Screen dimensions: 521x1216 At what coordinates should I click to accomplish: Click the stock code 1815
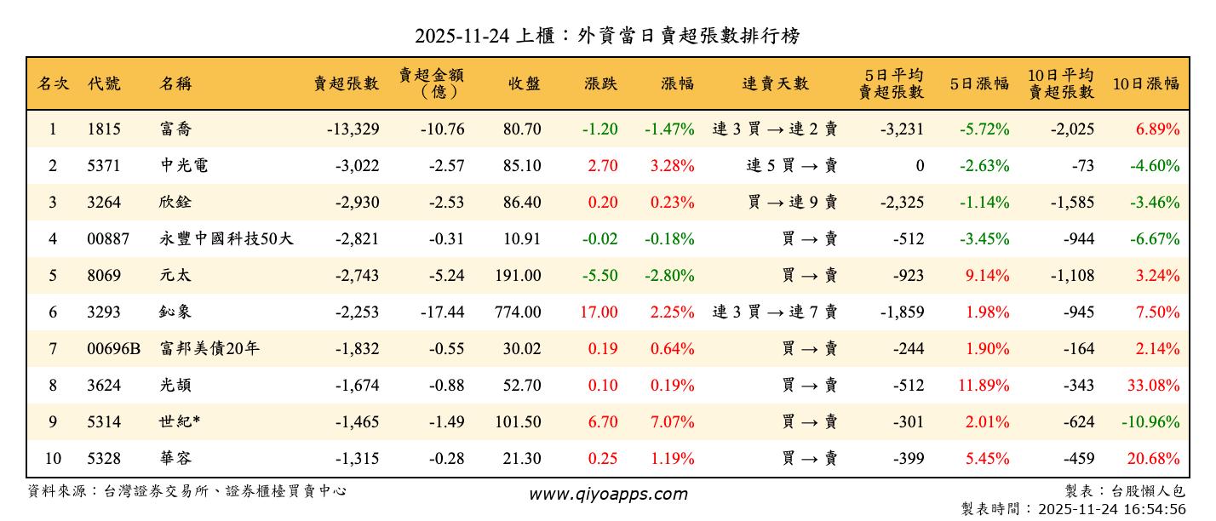104,129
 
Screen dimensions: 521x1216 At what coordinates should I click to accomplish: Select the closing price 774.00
517,312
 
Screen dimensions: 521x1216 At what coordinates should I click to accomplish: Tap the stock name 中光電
184,166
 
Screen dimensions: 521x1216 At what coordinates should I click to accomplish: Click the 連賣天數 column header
775,83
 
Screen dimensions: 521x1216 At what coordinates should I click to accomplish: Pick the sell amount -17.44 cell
442,312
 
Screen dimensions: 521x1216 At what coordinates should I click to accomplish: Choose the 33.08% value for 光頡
1153,386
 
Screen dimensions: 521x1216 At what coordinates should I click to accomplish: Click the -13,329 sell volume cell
353,129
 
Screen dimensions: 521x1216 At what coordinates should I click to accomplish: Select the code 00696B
113,349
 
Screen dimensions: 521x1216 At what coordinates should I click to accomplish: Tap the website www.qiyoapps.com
608,494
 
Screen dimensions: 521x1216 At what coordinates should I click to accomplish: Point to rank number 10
53,459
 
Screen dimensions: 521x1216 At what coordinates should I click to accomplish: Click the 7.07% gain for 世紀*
672,422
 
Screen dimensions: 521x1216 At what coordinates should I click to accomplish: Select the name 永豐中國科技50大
227,239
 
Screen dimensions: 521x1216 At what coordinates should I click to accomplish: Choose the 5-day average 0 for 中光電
919,166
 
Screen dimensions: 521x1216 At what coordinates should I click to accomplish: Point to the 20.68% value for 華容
1153,459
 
